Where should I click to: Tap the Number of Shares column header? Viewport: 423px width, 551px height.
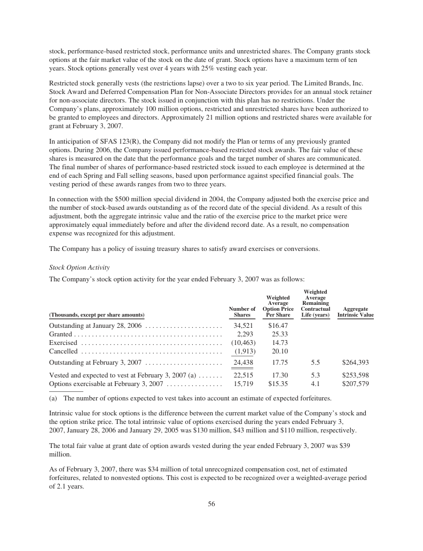click(242, 312)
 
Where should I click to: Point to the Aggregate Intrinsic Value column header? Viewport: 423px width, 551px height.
click(355, 312)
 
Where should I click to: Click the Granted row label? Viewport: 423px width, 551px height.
click(61, 334)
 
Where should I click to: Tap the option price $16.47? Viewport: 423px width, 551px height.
click(278, 325)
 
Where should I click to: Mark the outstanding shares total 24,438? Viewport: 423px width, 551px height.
click(244, 362)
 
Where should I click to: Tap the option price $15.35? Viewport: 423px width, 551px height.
click(278, 383)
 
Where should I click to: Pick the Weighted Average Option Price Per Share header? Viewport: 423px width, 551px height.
click(278, 306)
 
